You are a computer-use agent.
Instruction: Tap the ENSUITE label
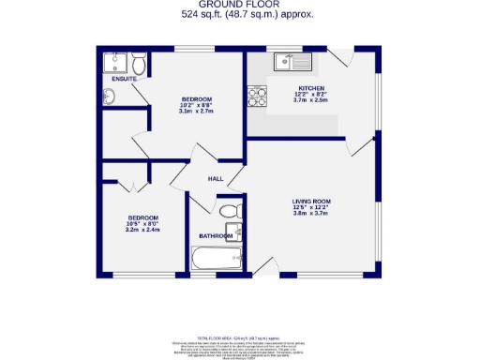coord(125,79)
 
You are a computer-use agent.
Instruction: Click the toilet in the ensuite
coord(139,64)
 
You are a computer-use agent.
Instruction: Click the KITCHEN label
coord(311,88)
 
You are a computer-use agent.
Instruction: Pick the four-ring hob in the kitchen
coord(256,95)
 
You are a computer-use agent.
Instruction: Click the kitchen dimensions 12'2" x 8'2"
coord(311,95)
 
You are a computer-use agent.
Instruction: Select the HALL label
coord(215,178)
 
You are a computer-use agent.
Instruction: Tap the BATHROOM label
coord(216,235)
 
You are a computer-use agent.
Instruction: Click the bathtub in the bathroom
coord(217,259)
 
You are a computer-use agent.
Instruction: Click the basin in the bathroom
coord(239,232)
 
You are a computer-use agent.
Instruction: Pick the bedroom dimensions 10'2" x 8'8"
coord(197,106)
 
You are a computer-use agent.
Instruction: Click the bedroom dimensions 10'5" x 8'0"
coord(143,222)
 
